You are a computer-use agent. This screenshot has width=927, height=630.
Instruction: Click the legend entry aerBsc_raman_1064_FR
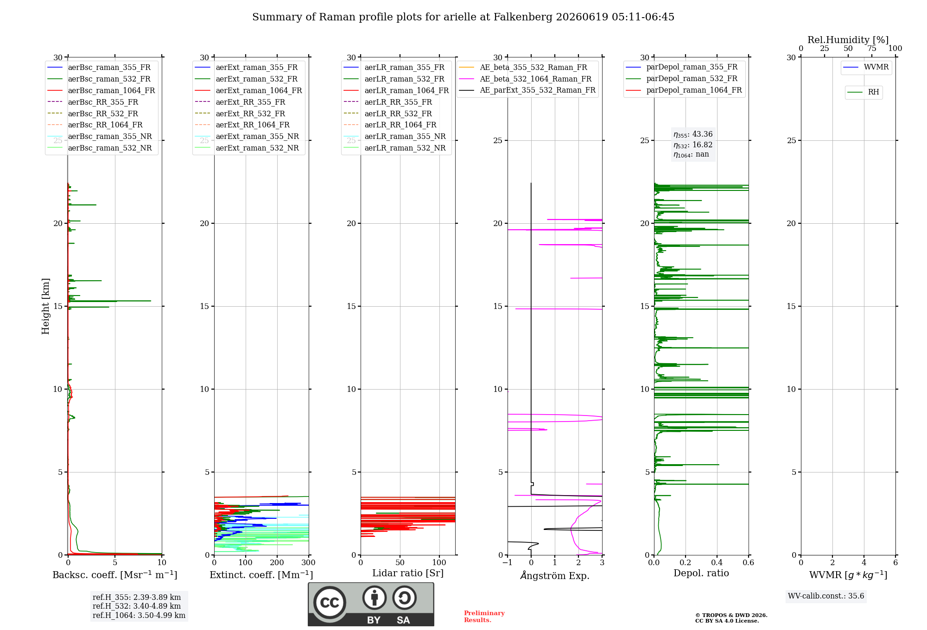click(101, 90)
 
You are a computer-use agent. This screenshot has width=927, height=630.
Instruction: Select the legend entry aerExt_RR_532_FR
click(240, 113)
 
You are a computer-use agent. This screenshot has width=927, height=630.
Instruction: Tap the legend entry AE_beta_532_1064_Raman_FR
click(525, 79)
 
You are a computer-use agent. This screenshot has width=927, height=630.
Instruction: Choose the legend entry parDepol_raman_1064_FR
click(684, 90)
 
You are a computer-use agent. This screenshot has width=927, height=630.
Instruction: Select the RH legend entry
click(863, 92)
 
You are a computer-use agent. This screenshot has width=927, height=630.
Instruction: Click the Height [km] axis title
click(45, 306)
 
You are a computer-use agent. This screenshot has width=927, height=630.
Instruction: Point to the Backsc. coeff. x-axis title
click(115, 575)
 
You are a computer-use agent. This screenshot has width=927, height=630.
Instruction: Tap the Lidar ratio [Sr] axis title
click(408, 573)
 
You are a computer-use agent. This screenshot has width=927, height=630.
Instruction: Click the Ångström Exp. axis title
click(555, 575)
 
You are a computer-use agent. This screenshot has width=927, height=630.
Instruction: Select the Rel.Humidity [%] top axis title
click(848, 40)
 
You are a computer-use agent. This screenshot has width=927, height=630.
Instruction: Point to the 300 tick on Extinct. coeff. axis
click(308, 562)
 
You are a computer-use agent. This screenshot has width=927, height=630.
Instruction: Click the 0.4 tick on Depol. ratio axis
click(717, 562)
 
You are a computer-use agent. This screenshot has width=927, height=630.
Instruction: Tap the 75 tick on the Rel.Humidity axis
click(872, 49)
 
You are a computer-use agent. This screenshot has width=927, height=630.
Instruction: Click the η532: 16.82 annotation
click(693, 145)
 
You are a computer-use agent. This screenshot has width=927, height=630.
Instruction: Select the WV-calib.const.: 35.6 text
click(826, 596)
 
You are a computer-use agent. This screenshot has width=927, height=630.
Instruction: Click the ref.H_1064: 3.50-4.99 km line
click(139, 616)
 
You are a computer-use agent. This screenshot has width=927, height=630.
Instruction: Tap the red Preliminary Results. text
click(484, 617)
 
